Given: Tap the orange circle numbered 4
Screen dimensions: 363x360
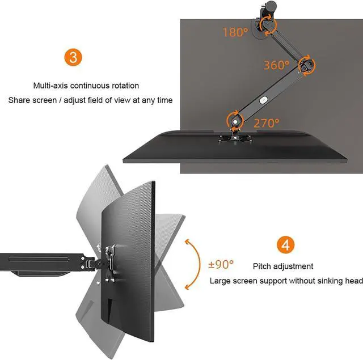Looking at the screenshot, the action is click(285, 245).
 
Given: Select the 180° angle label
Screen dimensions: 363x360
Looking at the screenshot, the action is click(235, 32).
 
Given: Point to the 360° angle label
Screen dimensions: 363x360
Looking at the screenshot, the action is click(277, 65).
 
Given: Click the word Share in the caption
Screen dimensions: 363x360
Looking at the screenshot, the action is click(18, 100).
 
